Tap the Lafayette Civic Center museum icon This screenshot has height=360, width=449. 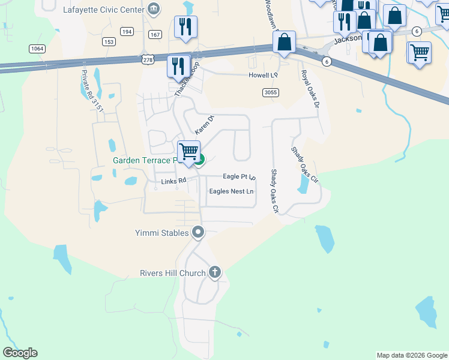pyautogui.click(x=154, y=9)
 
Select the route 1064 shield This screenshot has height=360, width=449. pyautogui.click(x=37, y=49)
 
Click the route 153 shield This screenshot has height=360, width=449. pyautogui.click(x=109, y=41)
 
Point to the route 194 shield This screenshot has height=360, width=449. pyautogui.click(x=127, y=31)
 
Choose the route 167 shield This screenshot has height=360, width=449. pyautogui.click(x=155, y=35)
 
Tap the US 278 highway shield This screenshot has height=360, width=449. pyautogui.click(x=148, y=61)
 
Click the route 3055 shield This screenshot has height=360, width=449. pyautogui.click(x=270, y=92)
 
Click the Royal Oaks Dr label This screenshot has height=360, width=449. pyautogui.click(x=310, y=89)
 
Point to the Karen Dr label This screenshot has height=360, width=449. pyautogui.click(x=204, y=124)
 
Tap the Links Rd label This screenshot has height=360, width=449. pyautogui.click(x=175, y=181)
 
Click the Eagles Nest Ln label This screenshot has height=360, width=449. pyautogui.click(x=231, y=191)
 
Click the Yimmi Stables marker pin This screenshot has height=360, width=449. pyautogui.click(x=198, y=233)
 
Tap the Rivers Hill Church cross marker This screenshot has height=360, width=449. pyautogui.click(x=215, y=273)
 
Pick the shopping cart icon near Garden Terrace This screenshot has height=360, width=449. pyautogui.click(x=189, y=151)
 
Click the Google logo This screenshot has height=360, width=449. pyautogui.click(x=20, y=353)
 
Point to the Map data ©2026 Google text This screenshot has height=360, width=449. pyautogui.click(x=411, y=355)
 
